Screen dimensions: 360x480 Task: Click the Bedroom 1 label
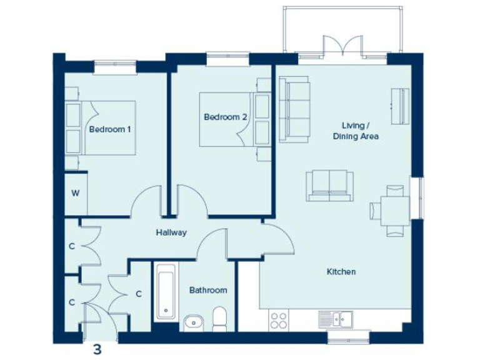(110, 130)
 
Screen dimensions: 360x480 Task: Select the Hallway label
(171, 232)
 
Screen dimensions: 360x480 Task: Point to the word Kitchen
(341, 272)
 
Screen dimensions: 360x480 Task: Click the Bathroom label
(208, 291)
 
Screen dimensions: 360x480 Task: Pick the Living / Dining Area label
(355, 130)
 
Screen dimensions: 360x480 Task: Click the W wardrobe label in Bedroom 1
(75, 192)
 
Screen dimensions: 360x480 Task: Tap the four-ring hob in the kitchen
(278, 320)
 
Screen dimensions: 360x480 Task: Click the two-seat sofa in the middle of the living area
(329, 186)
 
